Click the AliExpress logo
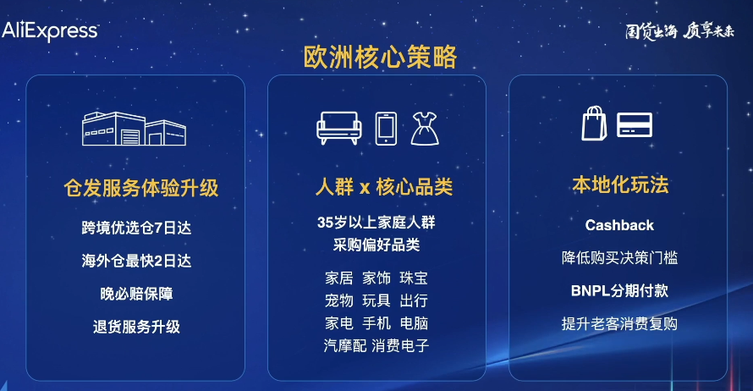coord(50,31)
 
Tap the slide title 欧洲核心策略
coord(380,57)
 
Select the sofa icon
coord(338,128)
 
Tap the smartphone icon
coord(386,128)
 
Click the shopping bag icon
coord(595,123)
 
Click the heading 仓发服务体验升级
coord(141,188)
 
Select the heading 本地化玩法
coord(620,184)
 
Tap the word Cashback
coord(619,226)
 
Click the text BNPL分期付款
coord(619,290)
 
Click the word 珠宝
coord(414,278)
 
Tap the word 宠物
coord(338,300)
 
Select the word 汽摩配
coord(345,345)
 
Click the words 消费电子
coord(400,345)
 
